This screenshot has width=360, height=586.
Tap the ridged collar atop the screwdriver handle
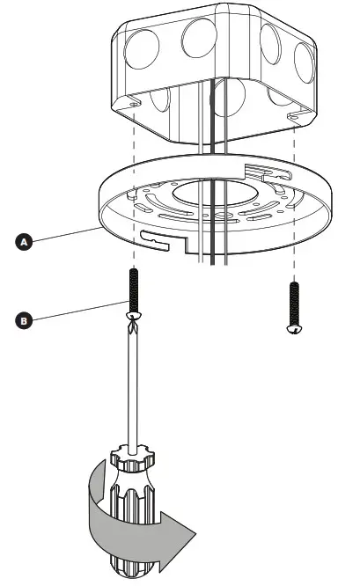(x=135, y=464)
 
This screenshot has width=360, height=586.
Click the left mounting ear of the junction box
(x=132, y=105)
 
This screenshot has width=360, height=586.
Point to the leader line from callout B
(x=79, y=311)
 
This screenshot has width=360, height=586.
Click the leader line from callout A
(x=66, y=235)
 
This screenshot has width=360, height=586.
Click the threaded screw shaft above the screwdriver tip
(x=134, y=286)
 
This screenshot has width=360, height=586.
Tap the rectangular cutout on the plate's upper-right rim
(x=264, y=167)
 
